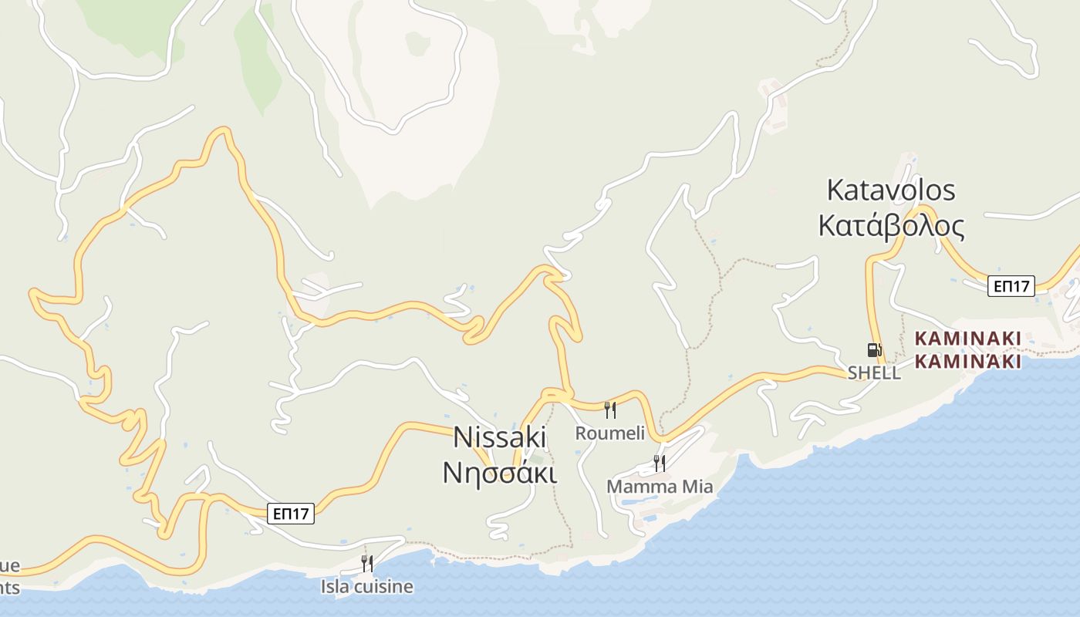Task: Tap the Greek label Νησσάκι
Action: [499, 472]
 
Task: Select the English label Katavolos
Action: [891, 190]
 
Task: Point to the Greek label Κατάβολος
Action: [891, 227]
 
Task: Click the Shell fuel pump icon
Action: [873, 350]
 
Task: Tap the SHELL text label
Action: [874, 373]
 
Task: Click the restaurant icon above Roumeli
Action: [610, 410]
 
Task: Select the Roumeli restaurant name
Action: [609, 433]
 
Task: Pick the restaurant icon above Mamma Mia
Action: [660, 463]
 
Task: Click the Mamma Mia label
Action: [660, 487]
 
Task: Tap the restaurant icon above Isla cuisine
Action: [367, 564]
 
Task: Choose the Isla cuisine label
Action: [367, 587]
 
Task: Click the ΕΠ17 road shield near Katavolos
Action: [1011, 286]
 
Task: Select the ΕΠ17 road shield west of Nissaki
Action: [292, 514]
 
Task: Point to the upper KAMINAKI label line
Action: [968, 339]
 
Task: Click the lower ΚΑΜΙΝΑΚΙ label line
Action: [968, 361]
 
